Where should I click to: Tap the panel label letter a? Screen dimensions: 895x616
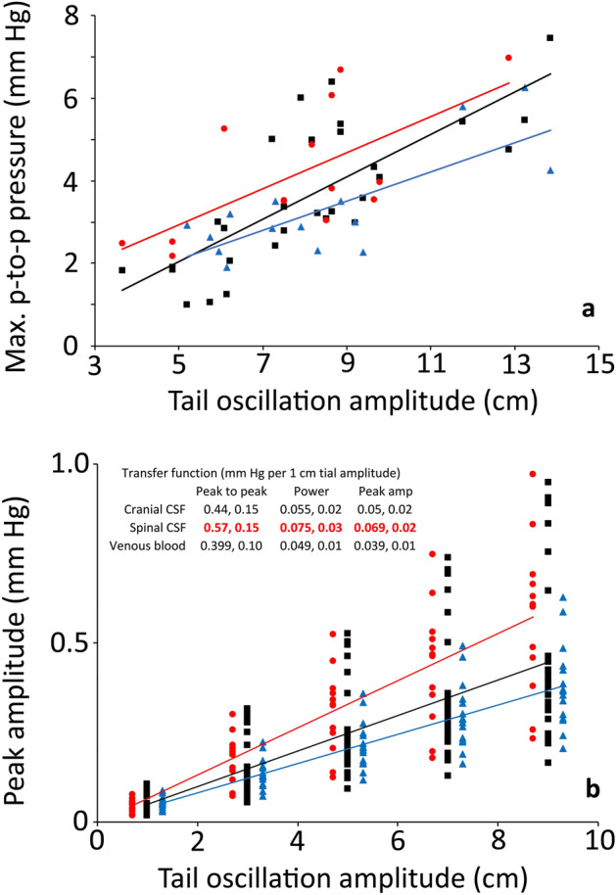[x=588, y=310]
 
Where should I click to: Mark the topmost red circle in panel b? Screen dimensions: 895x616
[x=533, y=474]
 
